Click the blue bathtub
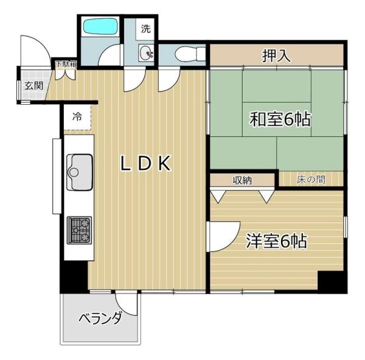tap(100, 27)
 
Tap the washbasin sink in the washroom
tap(146, 53)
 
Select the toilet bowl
tap(190, 54)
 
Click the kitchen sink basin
tap(80, 172)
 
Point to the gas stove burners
tap(79, 230)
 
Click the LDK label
tap(145, 164)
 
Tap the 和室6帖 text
tap(280, 119)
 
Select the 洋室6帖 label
tap(277, 241)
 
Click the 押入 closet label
tap(276, 55)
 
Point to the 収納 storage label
tap(243, 180)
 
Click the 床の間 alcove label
tap(311, 180)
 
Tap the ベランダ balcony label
tap(100, 318)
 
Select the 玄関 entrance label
tap(34, 86)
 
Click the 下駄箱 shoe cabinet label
tap(66, 64)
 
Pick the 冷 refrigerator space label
tap(77, 116)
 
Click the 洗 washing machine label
tap(146, 28)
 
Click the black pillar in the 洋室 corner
tap(332, 281)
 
